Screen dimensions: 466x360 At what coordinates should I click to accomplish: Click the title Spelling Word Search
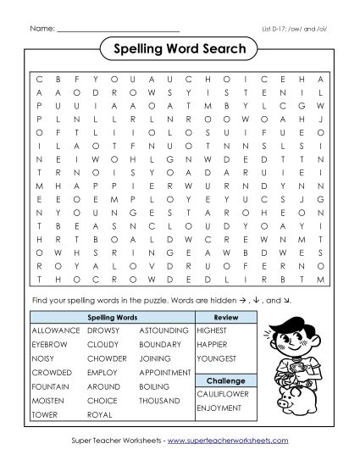click(179, 49)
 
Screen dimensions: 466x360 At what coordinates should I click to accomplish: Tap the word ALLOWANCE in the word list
click(54, 329)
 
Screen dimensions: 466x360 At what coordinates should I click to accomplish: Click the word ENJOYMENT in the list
click(219, 408)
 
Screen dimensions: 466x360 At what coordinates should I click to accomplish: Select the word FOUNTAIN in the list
click(49, 386)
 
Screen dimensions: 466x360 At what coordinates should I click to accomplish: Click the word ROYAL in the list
click(99, 414)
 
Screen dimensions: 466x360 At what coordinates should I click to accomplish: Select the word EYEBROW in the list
click(48, 343)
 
